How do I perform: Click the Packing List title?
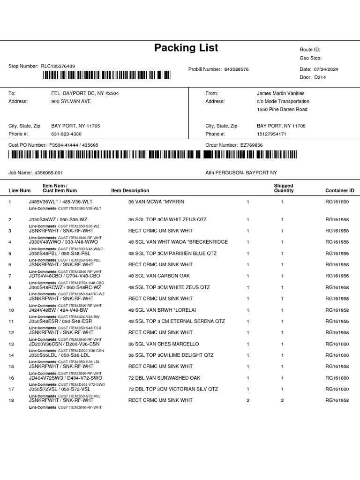[x=186, y=48]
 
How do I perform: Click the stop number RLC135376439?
[x=58, y=67]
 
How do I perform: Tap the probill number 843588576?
[x=236, y=69]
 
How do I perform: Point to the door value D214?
[x=320, y=77]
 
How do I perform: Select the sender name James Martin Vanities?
[x=280, y=93]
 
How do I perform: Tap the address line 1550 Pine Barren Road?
[x=282, y=109]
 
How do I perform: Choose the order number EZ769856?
[x=251, y=145]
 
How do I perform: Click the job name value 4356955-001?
[x=49, y=173]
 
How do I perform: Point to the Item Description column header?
[x=130, y=191]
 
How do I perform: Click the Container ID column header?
[x=340, y=191]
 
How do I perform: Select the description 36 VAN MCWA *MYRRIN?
[x=156, y=202]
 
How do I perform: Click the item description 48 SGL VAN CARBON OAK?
[x=159, y=276]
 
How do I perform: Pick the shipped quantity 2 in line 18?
[x=282, y=400]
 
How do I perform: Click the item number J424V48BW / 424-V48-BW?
[x=59, y=310]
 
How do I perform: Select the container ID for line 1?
[x=337, y=202]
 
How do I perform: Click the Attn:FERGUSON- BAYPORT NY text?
[x=241, y=173]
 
